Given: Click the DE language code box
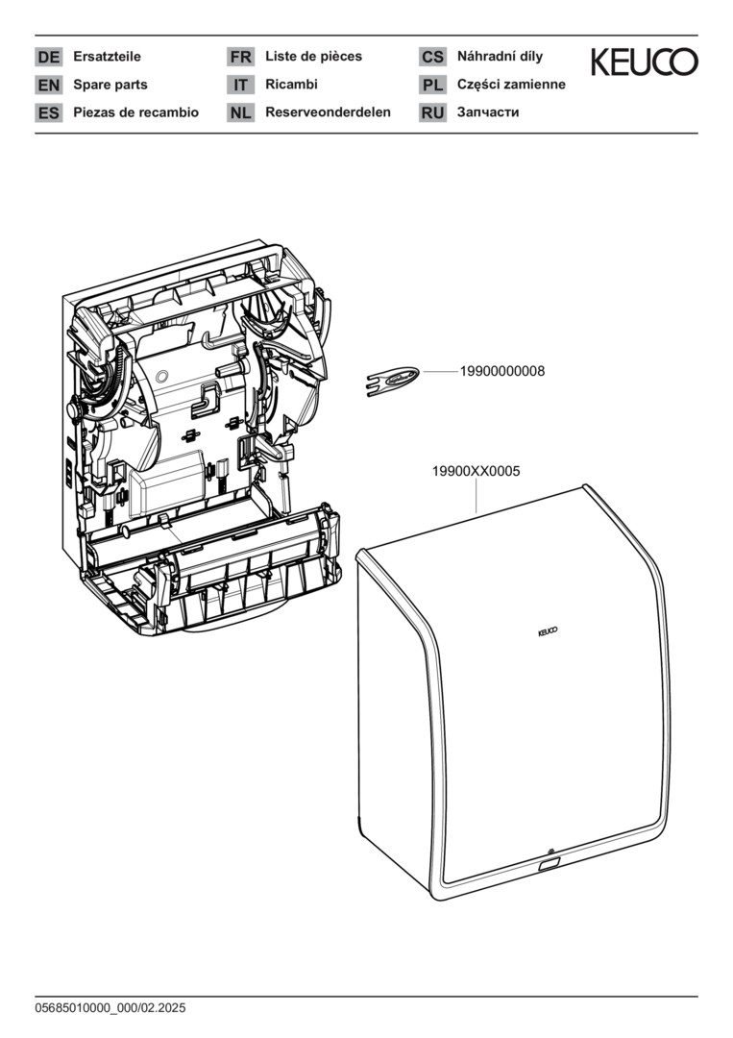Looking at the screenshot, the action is (x=48, y=57).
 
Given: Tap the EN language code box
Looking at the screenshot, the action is (x=48, y=85).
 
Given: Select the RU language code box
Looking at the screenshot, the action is (x=432, y=112).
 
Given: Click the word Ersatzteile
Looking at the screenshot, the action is (x=108, y=57).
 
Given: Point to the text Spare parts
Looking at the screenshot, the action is (x=110, y=85).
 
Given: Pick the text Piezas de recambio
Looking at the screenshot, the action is (x=136, y=112).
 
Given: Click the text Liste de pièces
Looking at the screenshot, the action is (x=313, y=57).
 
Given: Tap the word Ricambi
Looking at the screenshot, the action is (x=292, y=84).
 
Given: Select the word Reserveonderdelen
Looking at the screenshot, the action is (x=329, y=111).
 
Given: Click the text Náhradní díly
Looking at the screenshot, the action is (x=501, y=57).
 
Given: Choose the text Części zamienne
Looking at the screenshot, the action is (x=511, y=84).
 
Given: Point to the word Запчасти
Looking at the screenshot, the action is (x=488, y=112).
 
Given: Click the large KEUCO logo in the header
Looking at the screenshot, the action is (x=645, y=62).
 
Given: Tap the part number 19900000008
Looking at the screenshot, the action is (x=502, y=371).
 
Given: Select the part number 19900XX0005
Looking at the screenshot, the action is (x=476, y=471).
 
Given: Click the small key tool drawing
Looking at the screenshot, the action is (x=392, y=382).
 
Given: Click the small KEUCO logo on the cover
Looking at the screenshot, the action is (x=548, y=632).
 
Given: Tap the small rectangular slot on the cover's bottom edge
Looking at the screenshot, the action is (x=550, y=864).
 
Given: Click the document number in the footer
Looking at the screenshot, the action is (x=110, y=1008).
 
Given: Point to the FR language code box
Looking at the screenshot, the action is (x=241, y=57).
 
